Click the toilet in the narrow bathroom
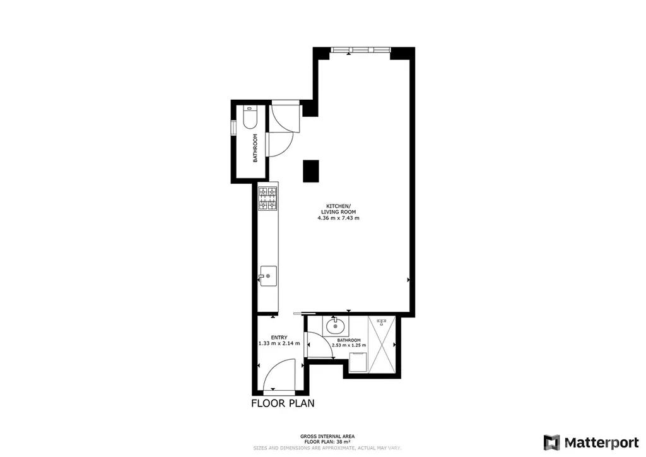(x=250, y=117)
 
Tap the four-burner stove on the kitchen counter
(x=267, y=199)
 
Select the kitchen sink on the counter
(x=267, y=276)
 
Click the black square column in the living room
(x=311, y=171)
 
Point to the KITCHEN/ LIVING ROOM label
(x=338, y=209)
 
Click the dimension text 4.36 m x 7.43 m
(x=338, y=218)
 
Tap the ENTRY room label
(x=279, y=338)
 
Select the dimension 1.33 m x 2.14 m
(x=279, y=343)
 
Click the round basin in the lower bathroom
(x=336, y=326)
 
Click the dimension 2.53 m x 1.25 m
(x=349, y=345)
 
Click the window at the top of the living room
(x=360, y=50)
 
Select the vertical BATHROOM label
(x=255, y=148)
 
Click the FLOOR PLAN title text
(x=283, y=403)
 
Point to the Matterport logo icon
(x=551, y=442)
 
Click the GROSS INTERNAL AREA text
(x=327, y=436)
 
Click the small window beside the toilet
(x=233, y=128)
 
